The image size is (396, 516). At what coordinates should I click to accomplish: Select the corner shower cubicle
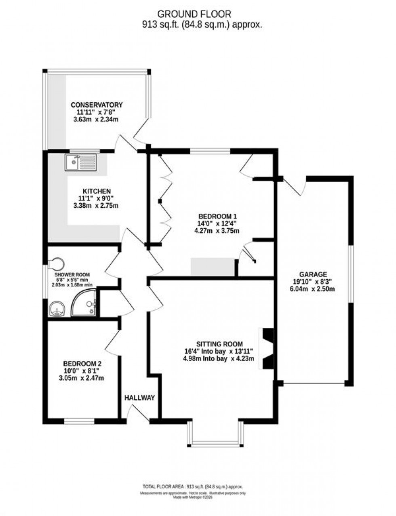click(x=84, y=304)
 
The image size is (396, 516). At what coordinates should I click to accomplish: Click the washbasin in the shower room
click(x=57, y=310)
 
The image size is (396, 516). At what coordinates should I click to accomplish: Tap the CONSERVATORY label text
click(x=97, y=105)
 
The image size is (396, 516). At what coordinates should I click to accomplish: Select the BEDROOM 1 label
click(x=217, y=216)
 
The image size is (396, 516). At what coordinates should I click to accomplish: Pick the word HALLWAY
click(x=139, y=398)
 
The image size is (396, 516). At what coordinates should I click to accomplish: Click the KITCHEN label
click(x=97, y=191)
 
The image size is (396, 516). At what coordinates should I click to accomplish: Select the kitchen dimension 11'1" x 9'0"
click(x=97, y=198)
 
